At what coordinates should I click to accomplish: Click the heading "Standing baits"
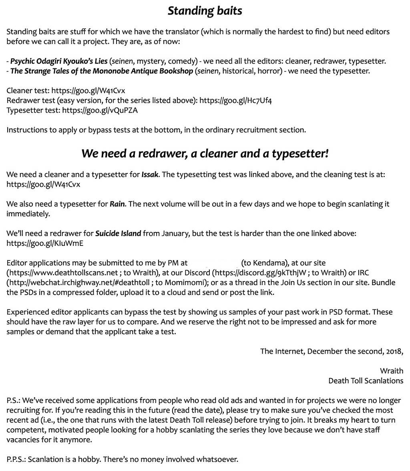[205, 11]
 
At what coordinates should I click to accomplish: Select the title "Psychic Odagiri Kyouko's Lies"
[59, 61]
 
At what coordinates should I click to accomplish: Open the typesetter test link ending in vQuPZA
[100, 110]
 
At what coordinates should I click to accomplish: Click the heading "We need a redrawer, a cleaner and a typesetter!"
[205, 154]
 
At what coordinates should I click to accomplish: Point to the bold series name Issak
[151, 174]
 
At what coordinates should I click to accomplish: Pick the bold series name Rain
[118, 204]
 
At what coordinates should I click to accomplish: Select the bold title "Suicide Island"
[118, 233]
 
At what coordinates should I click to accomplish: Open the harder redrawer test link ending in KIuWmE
[45, 243]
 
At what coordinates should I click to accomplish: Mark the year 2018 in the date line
[394, 351]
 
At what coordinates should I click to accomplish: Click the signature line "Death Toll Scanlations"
[366, 381]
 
